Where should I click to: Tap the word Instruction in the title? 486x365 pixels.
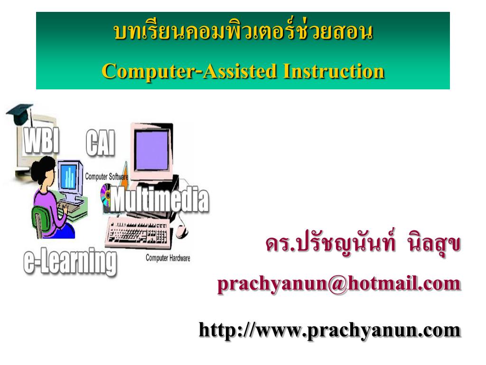click(334, 71)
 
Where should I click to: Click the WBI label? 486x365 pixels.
click(42, 140)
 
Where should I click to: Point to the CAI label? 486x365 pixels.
click(101, 143)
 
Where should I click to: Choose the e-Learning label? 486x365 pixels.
click(70, 261)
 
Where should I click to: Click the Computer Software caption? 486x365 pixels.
click(106, 177)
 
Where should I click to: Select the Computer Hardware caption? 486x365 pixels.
click(168, 258)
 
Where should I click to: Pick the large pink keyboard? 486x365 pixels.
click(138, 233)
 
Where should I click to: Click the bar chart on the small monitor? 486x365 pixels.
click(70, 177)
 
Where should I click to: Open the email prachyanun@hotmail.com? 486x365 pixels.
click(339, 284)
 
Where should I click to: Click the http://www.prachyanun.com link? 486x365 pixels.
click(329, 329)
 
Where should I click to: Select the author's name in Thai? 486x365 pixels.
click(363, 245)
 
